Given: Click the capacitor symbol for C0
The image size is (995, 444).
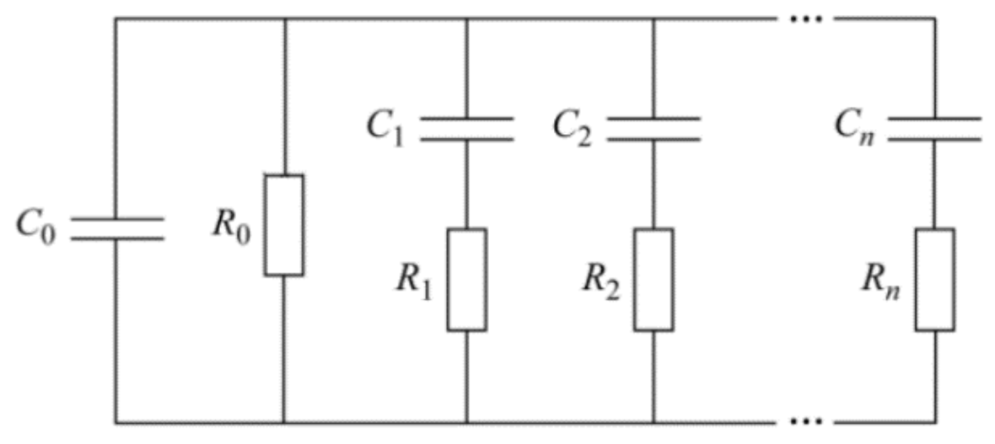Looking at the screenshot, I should click(116, 227).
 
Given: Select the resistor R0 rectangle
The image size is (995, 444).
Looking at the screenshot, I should click(283, 225).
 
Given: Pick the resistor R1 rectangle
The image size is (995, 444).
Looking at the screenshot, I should click(466, 279).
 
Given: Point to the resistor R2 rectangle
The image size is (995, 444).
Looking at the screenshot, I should click(653, 279).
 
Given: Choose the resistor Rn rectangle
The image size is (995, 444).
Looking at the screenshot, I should click(934, 279).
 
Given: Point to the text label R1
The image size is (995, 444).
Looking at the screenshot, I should click(413, 281).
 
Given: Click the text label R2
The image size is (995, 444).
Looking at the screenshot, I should click(600, 281).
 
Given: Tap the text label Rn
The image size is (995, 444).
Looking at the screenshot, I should click(882, 281).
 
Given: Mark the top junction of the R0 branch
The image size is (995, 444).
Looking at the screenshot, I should click(283, 18).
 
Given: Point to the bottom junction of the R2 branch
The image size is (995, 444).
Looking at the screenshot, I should click(653, 421).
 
